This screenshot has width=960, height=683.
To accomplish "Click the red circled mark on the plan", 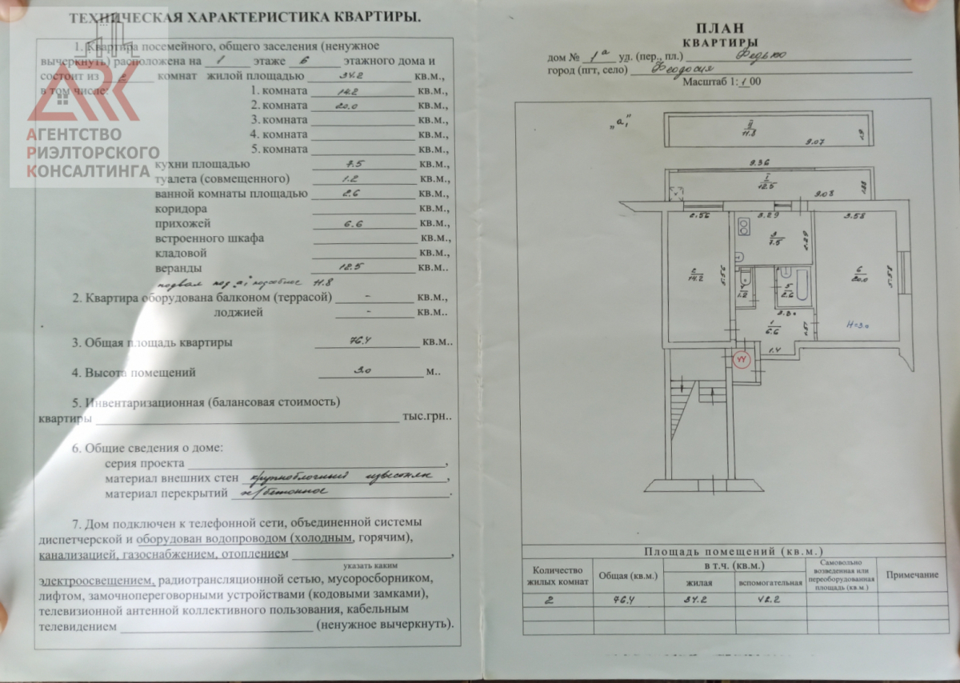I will [x=741, y=361].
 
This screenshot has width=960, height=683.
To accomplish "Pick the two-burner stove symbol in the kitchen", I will [x=742, y=228].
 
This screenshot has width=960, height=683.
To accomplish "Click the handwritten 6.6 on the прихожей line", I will [x=355, y=224].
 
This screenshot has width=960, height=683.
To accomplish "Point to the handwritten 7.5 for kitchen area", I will [x=354, y=164].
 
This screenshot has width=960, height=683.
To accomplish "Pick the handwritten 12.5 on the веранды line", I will [x=355, y=268].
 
